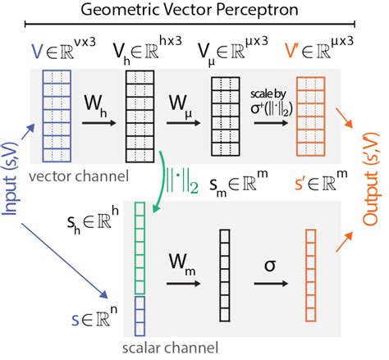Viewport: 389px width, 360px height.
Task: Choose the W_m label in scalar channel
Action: pos(182,265)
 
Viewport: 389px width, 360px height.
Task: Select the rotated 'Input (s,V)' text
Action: pos(14,177)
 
